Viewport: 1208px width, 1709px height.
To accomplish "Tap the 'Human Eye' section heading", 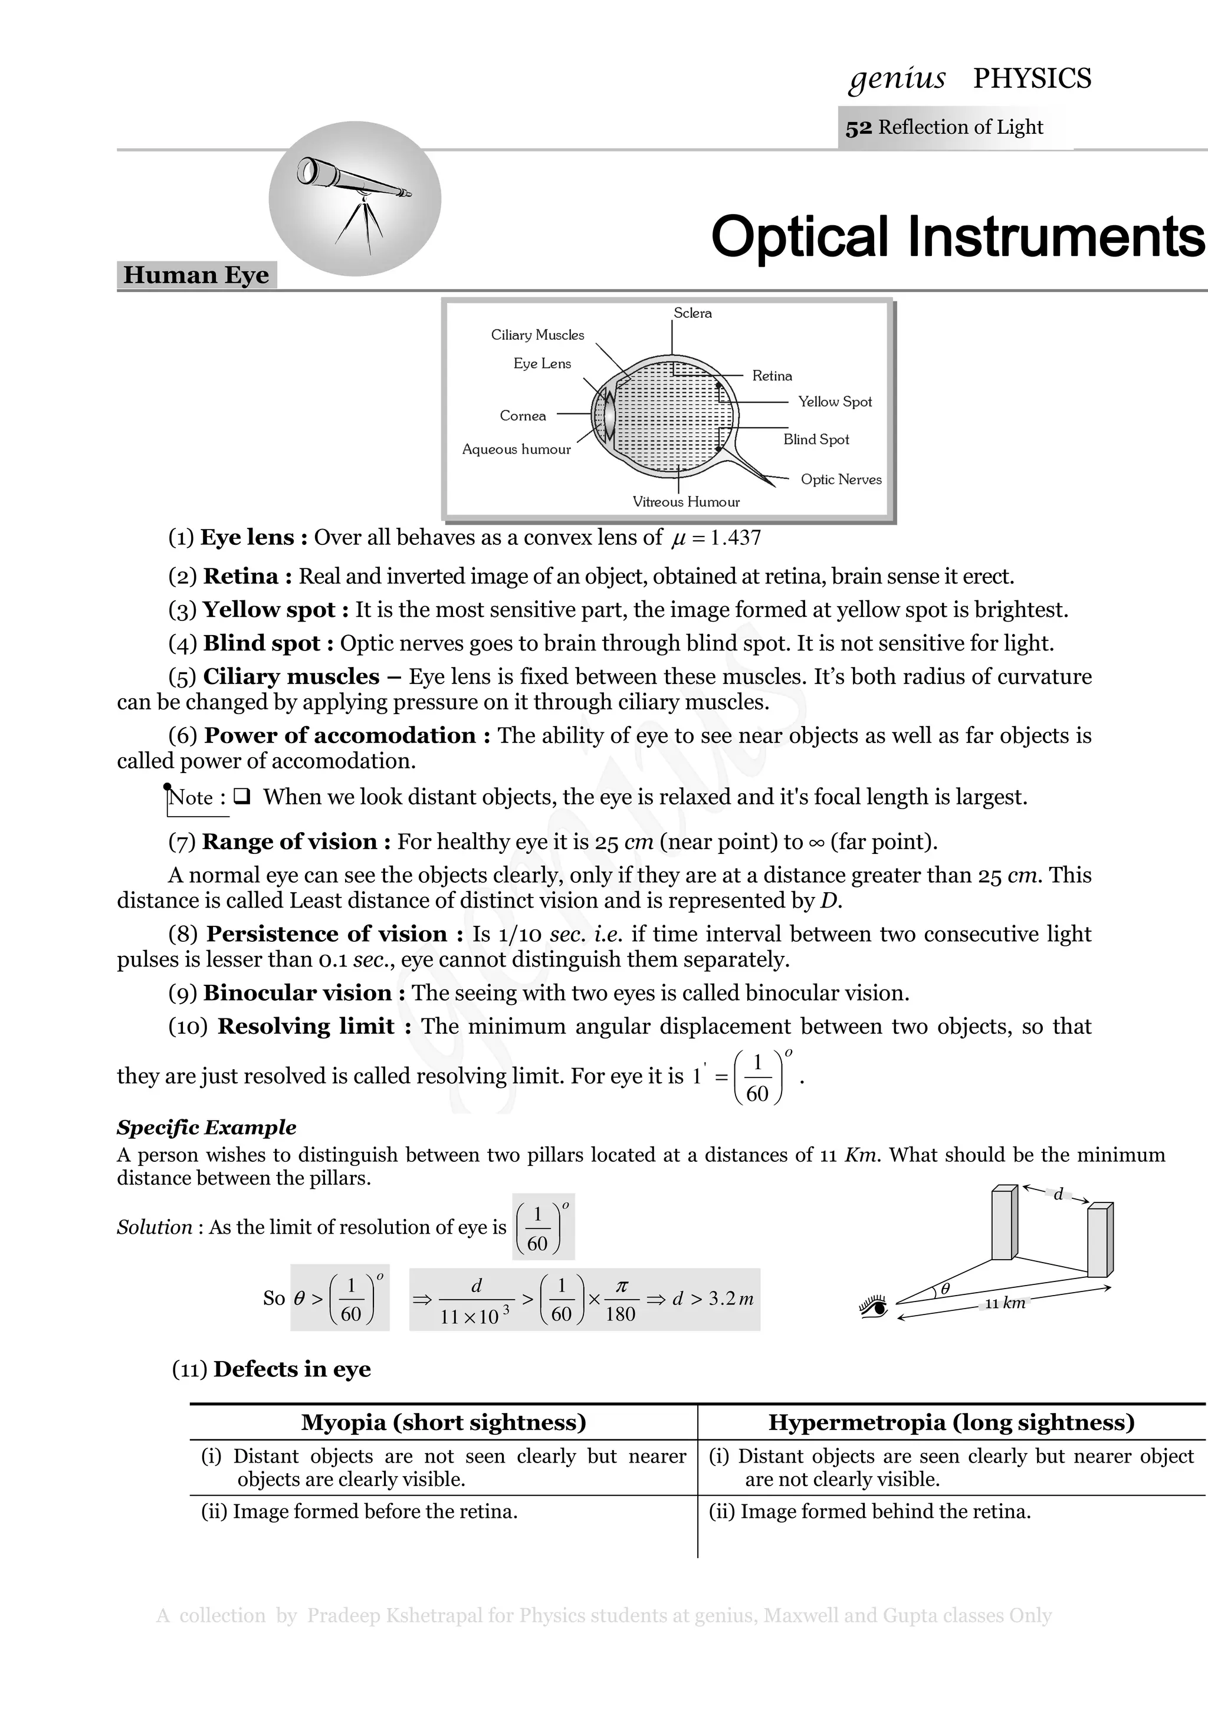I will click(x=196, y=275).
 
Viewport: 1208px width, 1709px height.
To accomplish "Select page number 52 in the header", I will click(x=858, y=128).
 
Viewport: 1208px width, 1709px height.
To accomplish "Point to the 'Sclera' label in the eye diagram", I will click(x=692, y=313).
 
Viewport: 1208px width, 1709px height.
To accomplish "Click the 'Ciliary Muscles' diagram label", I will click(x=537, y=335).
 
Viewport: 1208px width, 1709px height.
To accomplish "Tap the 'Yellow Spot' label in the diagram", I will click(x=835, y=402).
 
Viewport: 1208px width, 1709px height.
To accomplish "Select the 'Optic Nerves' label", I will click(x=841, y=480).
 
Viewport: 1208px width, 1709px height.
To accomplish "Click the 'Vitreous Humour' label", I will click(x=685, y=502).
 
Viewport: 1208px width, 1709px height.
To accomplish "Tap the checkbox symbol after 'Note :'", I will click(x=241, y=797).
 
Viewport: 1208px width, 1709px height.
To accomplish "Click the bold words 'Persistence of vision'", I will click(x=327, y=934).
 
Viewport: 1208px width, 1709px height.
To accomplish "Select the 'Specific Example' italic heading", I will click(x=206, y=1128).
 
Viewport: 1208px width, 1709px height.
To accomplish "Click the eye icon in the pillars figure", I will click(x=874, y=1306).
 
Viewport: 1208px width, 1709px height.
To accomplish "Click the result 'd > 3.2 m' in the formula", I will click(x=713, y=1299).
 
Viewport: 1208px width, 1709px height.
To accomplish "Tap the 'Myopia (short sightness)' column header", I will click(x=444, y=1422).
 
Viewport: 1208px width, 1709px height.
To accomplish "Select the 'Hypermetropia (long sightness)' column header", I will click(x=951, y=1422).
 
